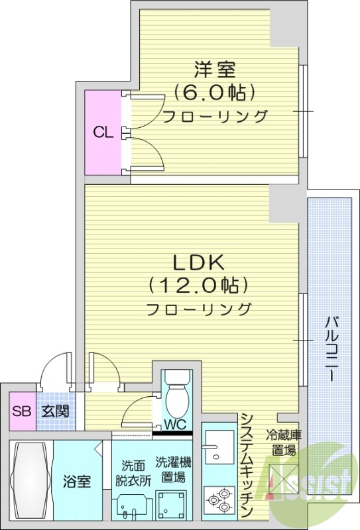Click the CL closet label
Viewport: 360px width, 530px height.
(x=103, y=132)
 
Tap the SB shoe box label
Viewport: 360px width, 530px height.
(x=22, y=411)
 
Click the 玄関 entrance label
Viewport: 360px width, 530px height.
(x=56, y=411)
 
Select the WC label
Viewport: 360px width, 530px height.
(x=175, y=424)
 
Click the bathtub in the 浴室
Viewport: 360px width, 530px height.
(x=30, y=480)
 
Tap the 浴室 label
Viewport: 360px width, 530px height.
(x=77, y=482)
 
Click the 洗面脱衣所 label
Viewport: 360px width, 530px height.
(x=133, y=473)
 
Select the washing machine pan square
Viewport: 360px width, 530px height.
(x=172, y=505)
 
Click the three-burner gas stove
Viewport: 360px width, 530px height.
(x=219, y=500)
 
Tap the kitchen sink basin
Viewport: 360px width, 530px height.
(x=219, y=447)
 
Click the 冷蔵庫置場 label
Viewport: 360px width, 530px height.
(x=284, y=443)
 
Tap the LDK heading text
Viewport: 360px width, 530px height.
(x=198, y=262)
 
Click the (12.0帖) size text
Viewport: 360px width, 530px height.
(x=198, y=286)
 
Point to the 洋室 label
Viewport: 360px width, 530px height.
(x=215, y=70)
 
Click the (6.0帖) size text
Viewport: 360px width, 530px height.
(x=215, y=92)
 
